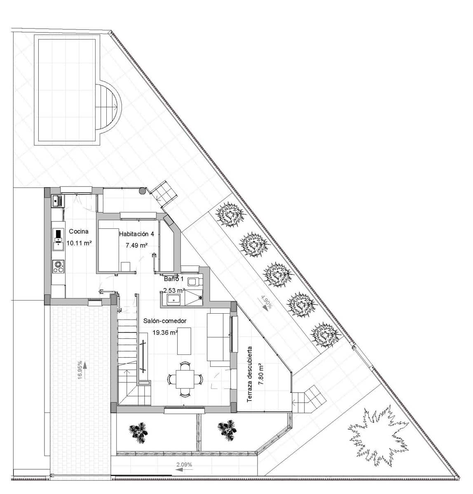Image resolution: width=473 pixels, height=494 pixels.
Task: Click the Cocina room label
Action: [78, 231]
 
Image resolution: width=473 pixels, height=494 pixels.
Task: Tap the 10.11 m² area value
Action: [79, 243]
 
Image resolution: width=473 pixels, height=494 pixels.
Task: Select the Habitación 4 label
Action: [136, 234]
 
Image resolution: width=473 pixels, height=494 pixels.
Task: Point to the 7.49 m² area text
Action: [136, 245]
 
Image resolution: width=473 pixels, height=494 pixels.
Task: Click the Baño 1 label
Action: [173, 279]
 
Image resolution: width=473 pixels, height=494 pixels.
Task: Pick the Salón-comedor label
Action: [165, 321]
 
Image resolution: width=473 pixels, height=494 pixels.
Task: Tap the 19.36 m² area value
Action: [165, 332]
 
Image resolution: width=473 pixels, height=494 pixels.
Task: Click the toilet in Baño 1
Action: [193, 282]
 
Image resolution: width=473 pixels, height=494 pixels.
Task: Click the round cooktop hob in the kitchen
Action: [59, 266]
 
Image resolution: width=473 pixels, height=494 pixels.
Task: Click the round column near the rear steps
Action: [142, 191]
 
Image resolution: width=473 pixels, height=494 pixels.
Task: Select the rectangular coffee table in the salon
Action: [184, 341]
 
